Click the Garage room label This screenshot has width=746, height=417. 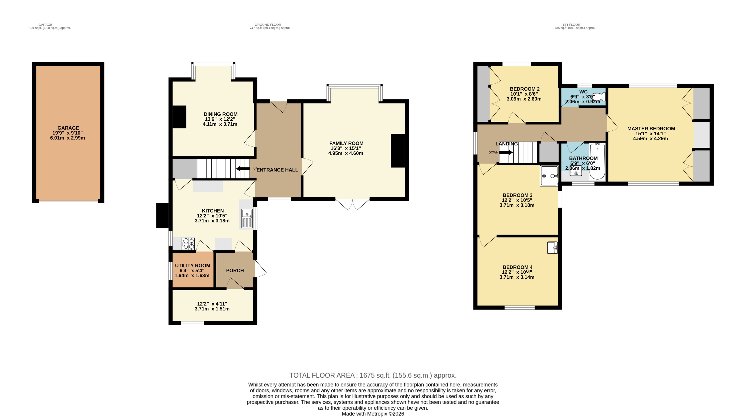pos(68,128)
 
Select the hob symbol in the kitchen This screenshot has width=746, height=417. pos(188,244)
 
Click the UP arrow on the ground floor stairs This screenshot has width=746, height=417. pos(243,169)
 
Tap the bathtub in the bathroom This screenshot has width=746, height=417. pos(597,162)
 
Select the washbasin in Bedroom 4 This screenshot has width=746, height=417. pos(552,248)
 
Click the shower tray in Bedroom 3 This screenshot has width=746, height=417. pos(549,176)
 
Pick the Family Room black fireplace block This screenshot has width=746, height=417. pos(398,151)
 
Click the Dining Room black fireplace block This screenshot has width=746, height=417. pos(179,117)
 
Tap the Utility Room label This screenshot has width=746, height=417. pos(193,265)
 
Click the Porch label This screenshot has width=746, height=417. pos(235,270)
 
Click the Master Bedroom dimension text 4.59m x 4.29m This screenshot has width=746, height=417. pos(651,139)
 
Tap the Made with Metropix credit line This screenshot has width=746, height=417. pos(373,414)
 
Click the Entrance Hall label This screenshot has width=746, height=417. pos(277,170)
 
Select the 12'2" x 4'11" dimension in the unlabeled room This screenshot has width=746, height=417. pos(212,304)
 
